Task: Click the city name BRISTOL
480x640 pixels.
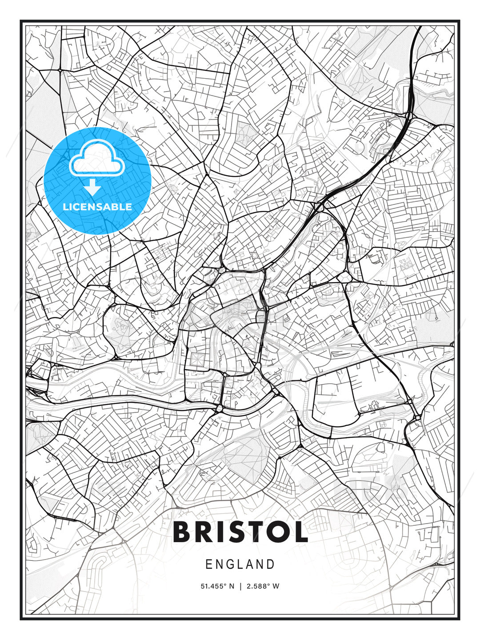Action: click(x=240, y=532)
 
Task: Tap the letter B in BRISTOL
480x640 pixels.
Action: click(x=183, y=532)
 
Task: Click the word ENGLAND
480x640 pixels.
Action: click(x=240, y=564)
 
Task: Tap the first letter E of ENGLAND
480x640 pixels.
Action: click(x=209, y=564)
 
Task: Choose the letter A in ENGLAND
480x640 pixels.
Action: click(x=250, y=564)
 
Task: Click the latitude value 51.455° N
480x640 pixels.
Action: click(x=217, y=586)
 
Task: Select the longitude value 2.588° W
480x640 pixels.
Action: click(x=263, y=586)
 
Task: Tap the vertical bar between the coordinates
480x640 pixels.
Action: click(x=240, y=586)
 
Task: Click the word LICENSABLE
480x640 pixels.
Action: click(x=97, y=207)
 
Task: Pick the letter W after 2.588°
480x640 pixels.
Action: click(x=276, y=586)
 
